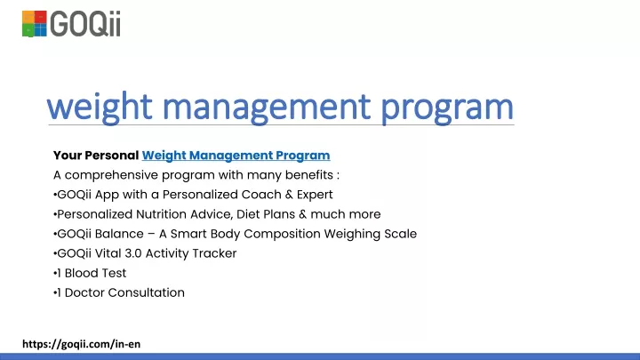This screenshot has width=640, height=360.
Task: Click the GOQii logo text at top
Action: click(85, 24)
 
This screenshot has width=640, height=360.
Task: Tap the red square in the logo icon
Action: click(41, 17)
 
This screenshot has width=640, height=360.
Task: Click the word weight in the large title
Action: click(100, 107)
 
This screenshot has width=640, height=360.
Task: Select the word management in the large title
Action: click(267, 107)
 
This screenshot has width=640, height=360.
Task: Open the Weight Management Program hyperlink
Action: click(236, 156)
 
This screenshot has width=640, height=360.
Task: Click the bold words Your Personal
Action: click(96, 156)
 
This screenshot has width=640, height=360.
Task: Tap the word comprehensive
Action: click(111, 175)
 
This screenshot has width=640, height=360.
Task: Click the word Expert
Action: click(315, 195)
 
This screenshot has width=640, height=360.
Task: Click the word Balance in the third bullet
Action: click(119, 234)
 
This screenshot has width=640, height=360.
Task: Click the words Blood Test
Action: click(95, 273)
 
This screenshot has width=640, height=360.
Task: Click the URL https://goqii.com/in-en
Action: click(81, 344)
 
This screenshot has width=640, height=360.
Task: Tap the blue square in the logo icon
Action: click(41, 30)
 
